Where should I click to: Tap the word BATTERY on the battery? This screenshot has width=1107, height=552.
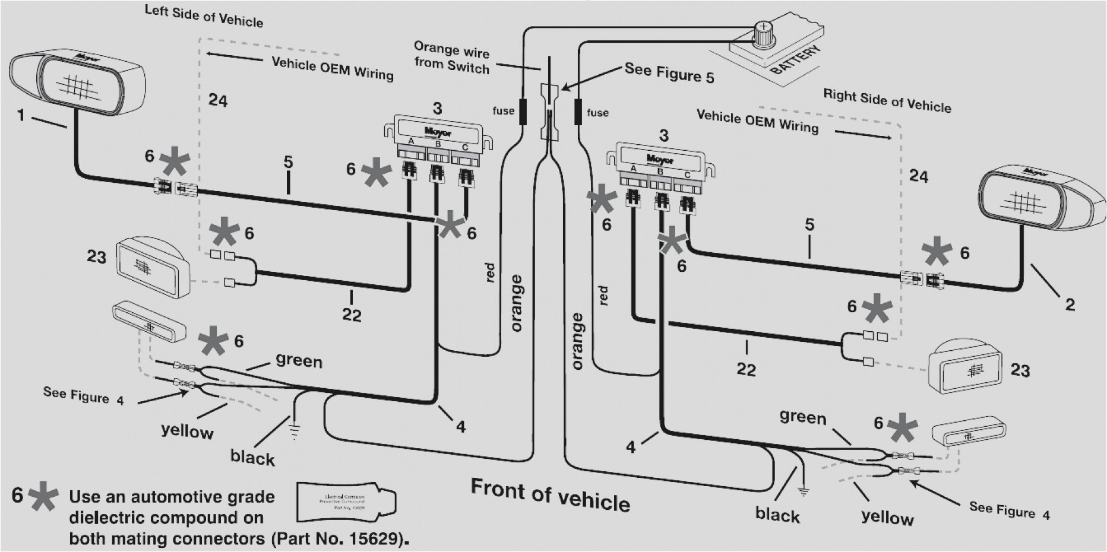(796, 60)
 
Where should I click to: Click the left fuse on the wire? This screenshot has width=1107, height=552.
(523, 111)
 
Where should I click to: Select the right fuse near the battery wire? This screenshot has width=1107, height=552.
(577, 112)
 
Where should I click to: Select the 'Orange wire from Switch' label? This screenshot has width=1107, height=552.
(451, 57)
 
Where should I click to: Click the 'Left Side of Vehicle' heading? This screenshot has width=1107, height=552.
(204, 17)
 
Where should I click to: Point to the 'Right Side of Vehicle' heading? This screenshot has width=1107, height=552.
(887, 101)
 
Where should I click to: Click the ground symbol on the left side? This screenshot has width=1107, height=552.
(293, 429)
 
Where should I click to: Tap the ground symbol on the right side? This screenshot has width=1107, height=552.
(803, 490)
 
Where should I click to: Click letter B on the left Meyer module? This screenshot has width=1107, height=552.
(438, 143)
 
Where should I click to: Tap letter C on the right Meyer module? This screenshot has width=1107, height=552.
(687, 175)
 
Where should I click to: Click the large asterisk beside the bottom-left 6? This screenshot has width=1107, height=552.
(42, 497)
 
